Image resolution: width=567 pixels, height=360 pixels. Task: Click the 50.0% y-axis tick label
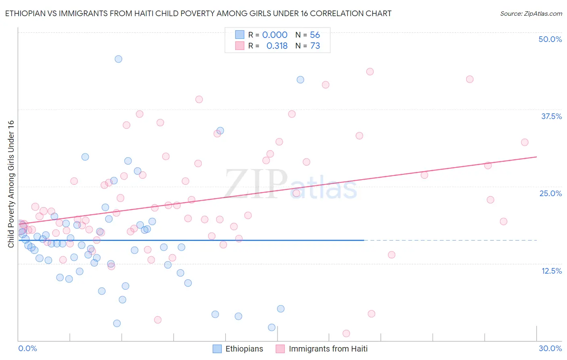[550, 39]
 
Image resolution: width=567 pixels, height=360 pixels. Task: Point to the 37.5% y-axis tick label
[551, 116]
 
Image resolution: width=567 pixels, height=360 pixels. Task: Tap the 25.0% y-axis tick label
[550, 193]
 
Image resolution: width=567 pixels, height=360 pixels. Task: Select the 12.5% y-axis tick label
[551, 271]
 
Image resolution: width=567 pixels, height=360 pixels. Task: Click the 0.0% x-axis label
[27, 348]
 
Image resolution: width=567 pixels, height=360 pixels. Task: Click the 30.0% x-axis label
[550, 348]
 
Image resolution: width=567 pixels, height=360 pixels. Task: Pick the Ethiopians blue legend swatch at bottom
[217, 349]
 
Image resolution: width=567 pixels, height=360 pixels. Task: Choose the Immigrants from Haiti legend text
[328, 349]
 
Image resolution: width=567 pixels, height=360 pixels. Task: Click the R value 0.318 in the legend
[277, 46]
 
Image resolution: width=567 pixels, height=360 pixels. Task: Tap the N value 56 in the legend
[315, 35]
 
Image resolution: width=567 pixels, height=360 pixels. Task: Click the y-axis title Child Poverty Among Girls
[11, 184]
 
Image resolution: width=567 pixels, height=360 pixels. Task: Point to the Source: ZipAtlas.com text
[531, 14]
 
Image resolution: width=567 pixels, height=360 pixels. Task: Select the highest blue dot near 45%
[118, 59]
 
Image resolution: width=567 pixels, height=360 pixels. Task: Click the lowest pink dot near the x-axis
[346, 333]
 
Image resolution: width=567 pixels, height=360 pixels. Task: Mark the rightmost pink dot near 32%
[524, 142]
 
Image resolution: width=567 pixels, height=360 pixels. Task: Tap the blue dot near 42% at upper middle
[300, 80]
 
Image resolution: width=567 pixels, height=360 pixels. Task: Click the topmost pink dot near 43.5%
[370, 72]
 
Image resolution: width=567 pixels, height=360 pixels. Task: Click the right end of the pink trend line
[536, 157]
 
